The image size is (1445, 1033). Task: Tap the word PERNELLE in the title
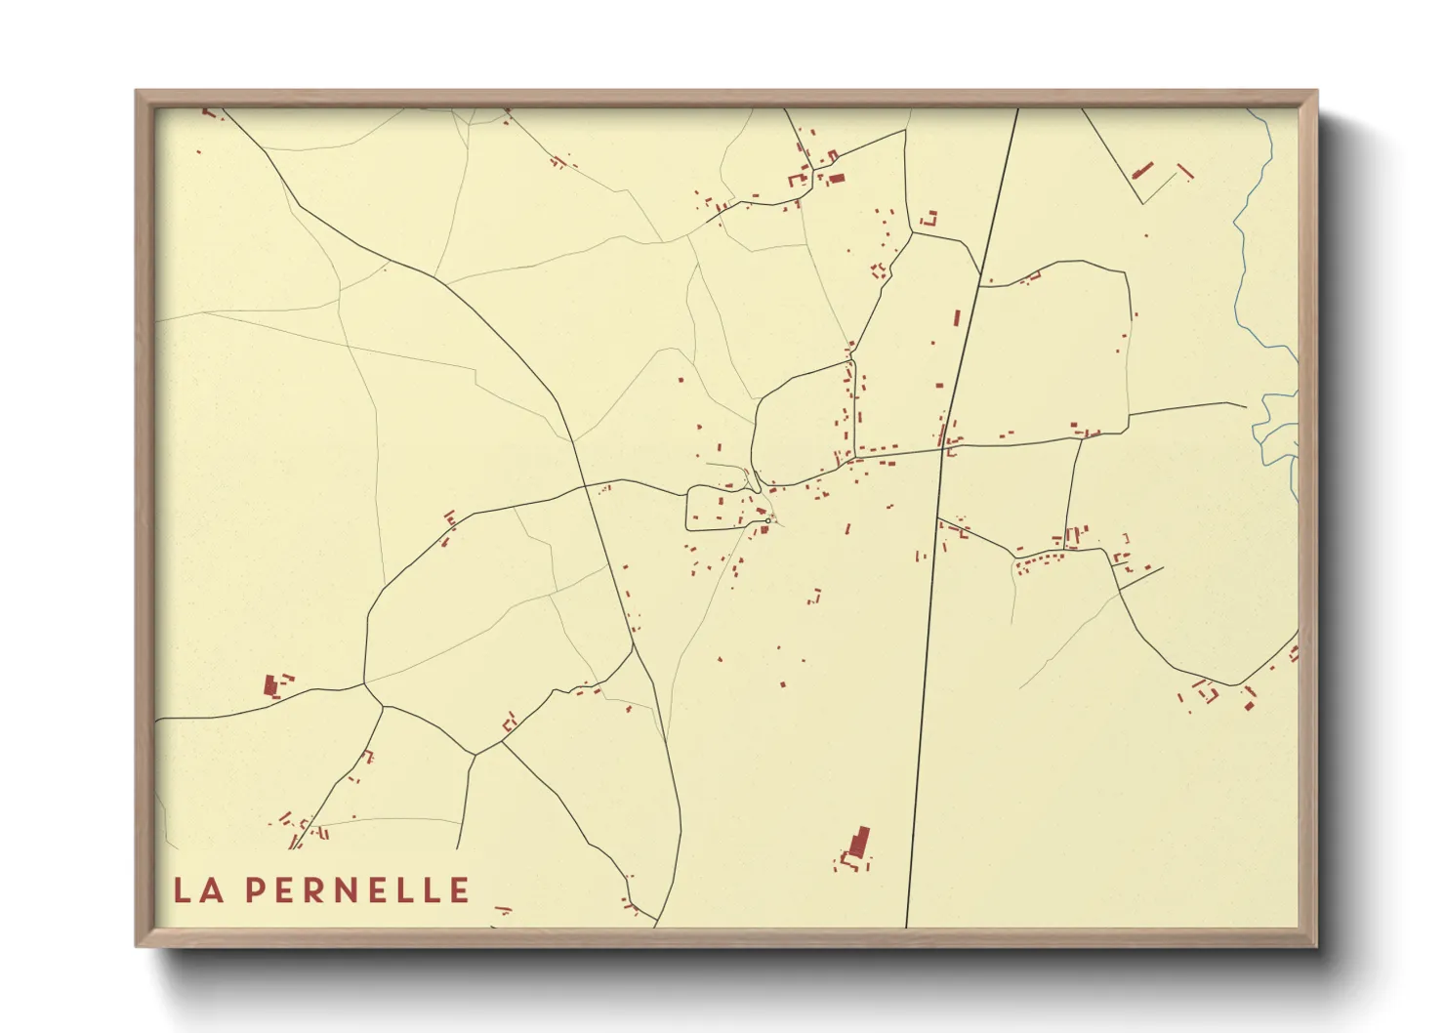tap(356, 889)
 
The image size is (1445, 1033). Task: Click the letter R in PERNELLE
tap(318, 889)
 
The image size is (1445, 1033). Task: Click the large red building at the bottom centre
tap(859, 842)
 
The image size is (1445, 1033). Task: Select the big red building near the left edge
tap(270, 684)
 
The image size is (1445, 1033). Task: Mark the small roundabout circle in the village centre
tap(767, 520)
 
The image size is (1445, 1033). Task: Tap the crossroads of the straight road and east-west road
tap(942, 449)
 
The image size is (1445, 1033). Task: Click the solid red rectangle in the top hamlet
tap(836, 179)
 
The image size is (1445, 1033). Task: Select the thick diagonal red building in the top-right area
tap(1141, 172)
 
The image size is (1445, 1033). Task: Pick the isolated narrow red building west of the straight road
tap(957, 318)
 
